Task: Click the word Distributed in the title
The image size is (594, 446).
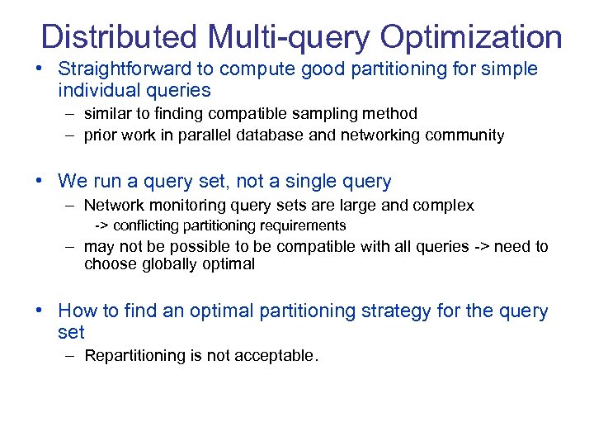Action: (119, 37)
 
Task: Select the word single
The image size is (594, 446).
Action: (313, 181)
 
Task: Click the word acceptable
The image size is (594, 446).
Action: (275, 356)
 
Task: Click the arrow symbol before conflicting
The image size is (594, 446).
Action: (101, 225)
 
